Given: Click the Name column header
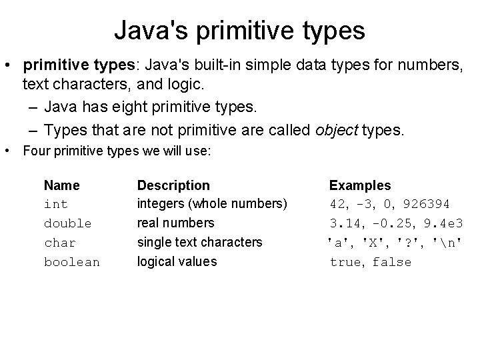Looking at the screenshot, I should (61, 185).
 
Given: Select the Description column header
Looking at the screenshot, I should (173, 185).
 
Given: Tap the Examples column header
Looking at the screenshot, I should (360, 185).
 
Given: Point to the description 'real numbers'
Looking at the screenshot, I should (175, 223).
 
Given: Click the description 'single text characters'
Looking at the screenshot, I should (199, 243).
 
